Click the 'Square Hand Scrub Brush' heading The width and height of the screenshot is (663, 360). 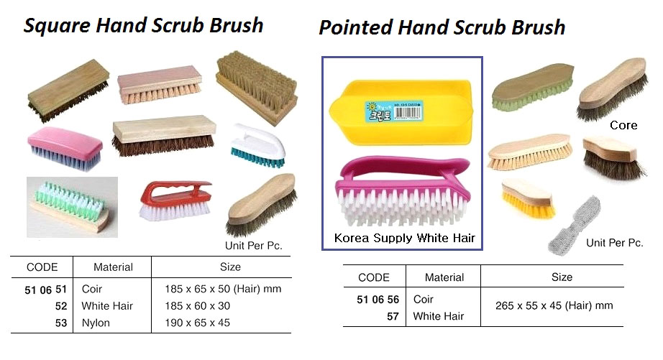(144, 26)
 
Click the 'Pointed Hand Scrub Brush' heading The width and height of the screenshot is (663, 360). (442, 28)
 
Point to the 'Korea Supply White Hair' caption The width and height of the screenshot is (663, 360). (405, 238)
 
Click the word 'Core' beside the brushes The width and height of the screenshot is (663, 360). (623, 125)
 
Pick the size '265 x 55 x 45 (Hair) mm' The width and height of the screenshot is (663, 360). (554, 305)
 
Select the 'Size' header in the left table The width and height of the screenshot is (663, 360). (230, 267)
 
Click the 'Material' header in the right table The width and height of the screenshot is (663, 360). (444, 277)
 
